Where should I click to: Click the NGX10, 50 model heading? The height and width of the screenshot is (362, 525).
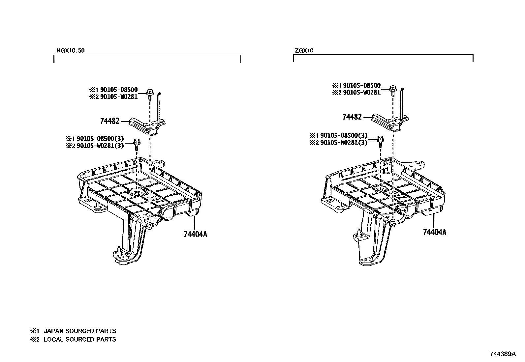click(71, 50)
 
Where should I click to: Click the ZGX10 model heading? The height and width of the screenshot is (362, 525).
click(304, 50)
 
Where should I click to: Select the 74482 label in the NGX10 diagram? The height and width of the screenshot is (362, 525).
click(109, 121)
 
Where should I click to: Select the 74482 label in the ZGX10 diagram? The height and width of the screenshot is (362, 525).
click(352, 117)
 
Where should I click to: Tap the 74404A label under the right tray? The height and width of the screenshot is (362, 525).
click(435, 232)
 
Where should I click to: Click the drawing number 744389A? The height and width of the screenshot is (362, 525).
click(503, 354)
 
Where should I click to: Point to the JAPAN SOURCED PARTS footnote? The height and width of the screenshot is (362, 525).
click(79, 331)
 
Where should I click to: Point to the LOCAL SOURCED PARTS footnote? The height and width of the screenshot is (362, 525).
click(79, 339)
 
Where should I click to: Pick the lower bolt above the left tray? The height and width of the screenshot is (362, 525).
click(136, 144)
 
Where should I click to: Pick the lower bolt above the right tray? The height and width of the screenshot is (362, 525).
click(380, 140)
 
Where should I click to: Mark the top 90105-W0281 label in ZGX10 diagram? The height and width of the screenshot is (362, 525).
click(361, 93)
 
